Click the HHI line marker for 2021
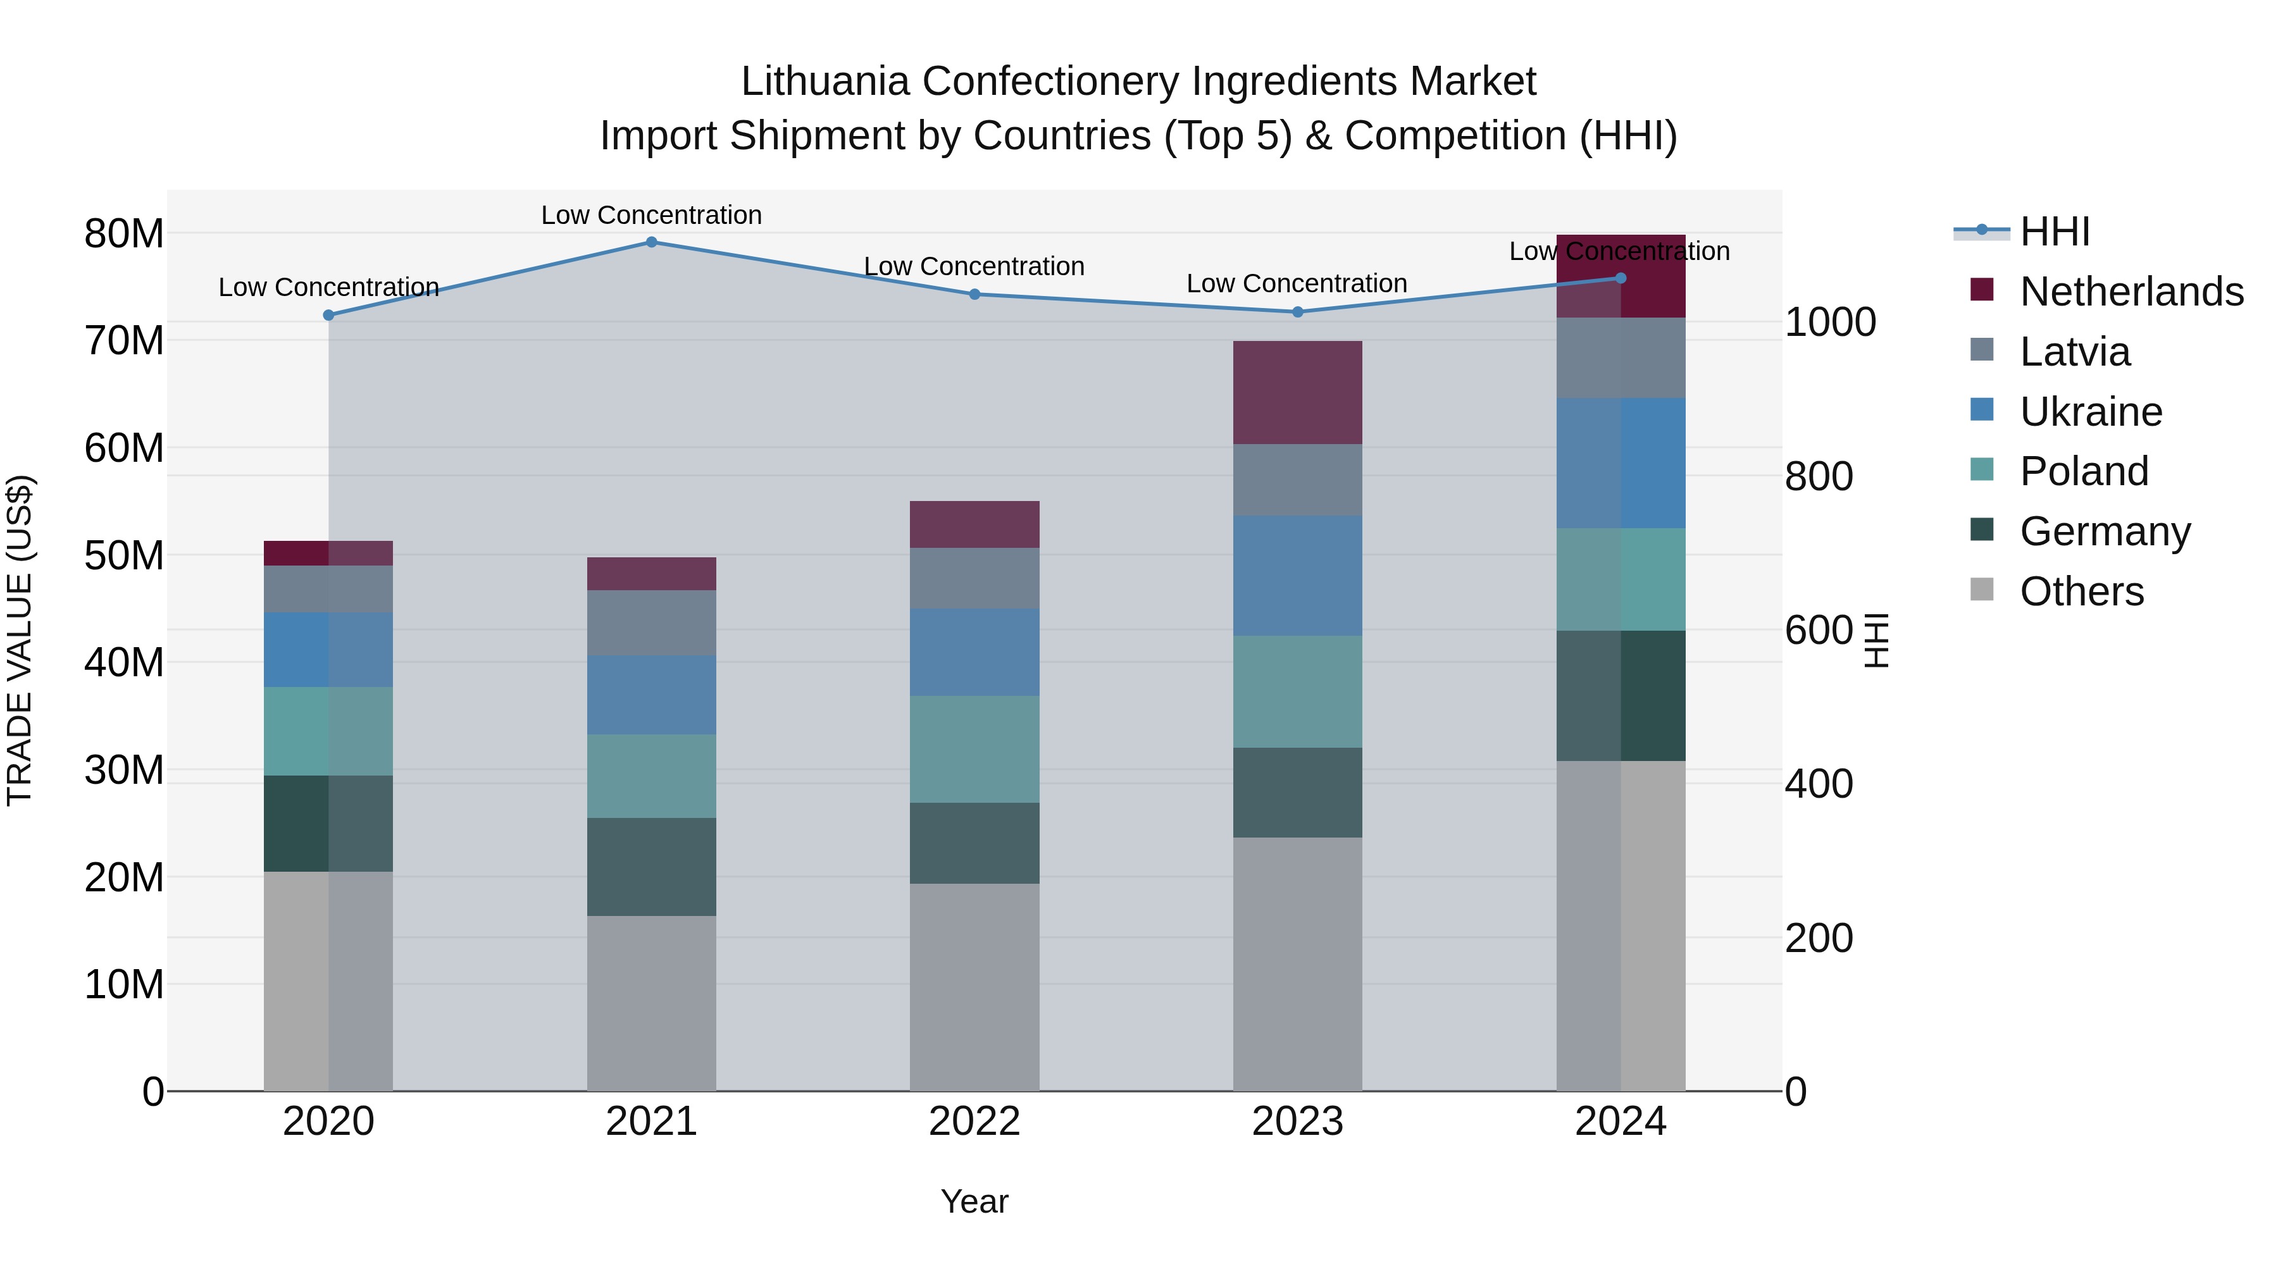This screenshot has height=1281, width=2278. tap(651, 242)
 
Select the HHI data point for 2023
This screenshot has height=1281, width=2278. tap(1297, 312)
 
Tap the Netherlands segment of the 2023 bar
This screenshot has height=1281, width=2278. tap(1297, 392)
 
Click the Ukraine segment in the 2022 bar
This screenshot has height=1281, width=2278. tap(974, 652)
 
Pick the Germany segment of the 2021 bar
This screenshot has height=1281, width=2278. tap(651, 867)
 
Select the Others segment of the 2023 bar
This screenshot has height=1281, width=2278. tap(1297, 963)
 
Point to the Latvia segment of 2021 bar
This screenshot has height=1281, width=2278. tap(651, 622)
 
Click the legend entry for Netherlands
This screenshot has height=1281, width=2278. tap(2131, 292)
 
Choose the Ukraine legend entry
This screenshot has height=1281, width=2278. tap(2091, 412)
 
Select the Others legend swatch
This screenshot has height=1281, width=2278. tap(1982, 590)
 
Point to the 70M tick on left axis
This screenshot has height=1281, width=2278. tap(124, 341)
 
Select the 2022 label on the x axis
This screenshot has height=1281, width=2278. tap(974, 1122)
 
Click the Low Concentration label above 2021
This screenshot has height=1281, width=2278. tap(651, 215)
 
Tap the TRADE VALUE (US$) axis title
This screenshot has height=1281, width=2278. tap(20, 640)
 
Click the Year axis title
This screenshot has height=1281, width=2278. tap(974, 1201)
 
